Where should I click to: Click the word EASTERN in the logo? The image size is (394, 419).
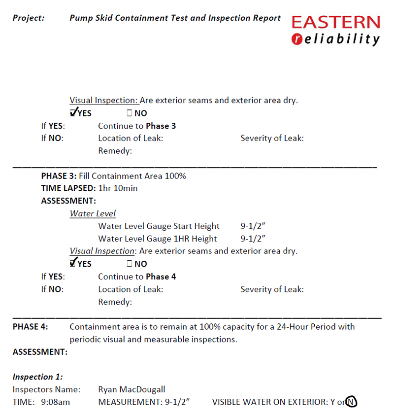pos(336,22)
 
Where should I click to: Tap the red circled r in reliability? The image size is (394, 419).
pos(297,39)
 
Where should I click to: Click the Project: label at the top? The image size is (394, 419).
pos(28,18)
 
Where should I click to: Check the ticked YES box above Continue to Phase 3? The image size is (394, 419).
pos(73,113)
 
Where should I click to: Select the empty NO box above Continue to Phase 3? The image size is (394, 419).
pos(129,113)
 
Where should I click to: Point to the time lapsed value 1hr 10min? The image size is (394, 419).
pos(118,188)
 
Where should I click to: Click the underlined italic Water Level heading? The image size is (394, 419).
pos(93,213)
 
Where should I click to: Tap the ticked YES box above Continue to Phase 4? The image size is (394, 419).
pos(73,263)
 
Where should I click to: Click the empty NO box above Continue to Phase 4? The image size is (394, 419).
pos(129,264)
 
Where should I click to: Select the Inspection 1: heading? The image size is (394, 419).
pos(37,377)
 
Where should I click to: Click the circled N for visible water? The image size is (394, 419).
pos(352,402)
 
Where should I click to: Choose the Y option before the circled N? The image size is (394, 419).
pos(332,402)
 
